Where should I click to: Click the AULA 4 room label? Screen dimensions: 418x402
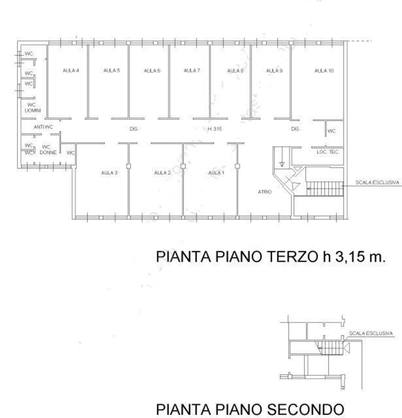71,71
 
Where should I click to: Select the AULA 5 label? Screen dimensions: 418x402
112,71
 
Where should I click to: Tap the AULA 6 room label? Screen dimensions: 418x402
152,71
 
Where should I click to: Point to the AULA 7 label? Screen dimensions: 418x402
192,71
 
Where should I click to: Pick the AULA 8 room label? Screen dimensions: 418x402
235,71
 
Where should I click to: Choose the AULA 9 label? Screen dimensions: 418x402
274,71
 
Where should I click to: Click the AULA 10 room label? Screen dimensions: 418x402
324,71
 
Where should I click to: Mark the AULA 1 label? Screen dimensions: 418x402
216,173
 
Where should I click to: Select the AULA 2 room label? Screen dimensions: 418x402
162,173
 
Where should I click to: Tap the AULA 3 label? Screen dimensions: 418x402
109,173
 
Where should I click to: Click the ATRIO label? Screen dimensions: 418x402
265,192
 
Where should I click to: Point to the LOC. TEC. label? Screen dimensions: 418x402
327,152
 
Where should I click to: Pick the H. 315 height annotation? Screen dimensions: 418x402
214,129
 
